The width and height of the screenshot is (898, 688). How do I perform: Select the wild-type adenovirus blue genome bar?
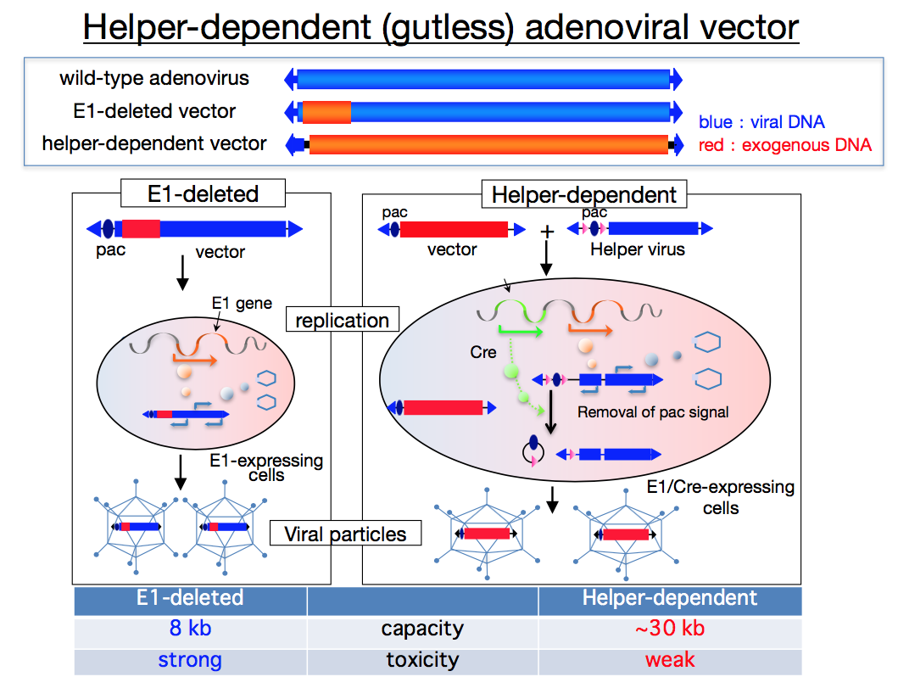click(x=483, y=80)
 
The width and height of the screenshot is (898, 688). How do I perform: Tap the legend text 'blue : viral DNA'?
click(x=761, y=122)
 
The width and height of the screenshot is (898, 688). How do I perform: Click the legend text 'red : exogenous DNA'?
click(x=784, y=145)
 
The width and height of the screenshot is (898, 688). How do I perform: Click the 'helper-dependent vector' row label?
click(x=154, y=143)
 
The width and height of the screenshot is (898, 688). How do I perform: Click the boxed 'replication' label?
click(x=343, y=321)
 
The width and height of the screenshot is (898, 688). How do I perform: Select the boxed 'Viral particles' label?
click(x=344, y=534)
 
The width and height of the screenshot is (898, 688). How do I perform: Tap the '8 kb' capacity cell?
click(x=190, y=629)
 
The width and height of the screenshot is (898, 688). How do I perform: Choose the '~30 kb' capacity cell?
click(x=670, y=629)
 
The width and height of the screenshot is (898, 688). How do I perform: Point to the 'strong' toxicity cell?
click(x=190, y=659)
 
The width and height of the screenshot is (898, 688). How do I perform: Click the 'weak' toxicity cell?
click(x=670, y=659)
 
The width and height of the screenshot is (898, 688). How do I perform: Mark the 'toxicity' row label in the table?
click(x=422, y=659)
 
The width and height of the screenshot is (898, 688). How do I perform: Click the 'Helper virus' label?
click(x=638, y=249)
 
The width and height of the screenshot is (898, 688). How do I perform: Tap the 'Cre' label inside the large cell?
click(x=484, y=352)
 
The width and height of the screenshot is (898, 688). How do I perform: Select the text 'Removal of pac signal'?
click(x=653, y=413)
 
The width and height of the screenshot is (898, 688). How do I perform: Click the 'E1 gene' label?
click(x=242, y=303)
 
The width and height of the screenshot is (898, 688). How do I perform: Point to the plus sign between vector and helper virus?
click(x=547, y=231)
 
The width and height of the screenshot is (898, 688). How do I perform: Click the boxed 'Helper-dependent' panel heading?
click(x=584, y=195)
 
